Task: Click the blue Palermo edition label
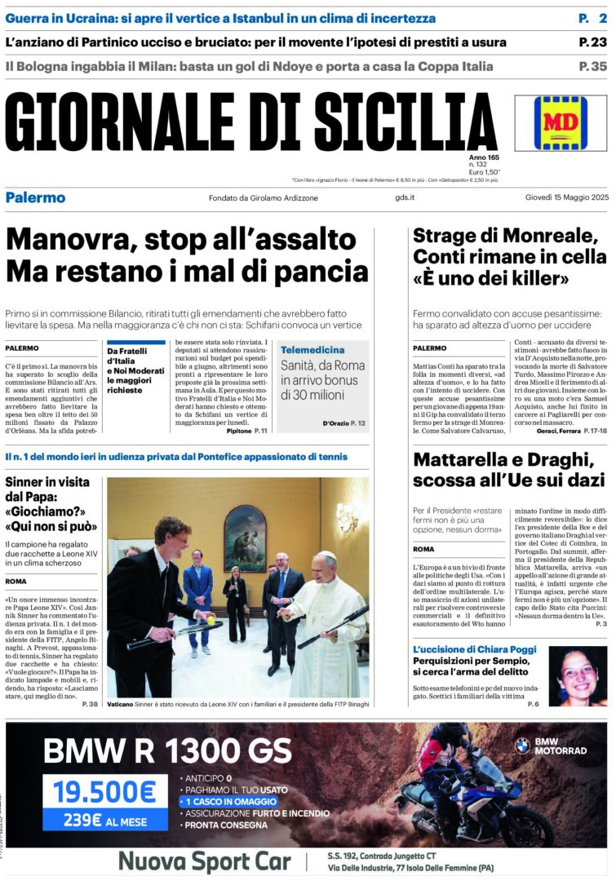(35, 197)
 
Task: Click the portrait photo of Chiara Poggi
(578, 676)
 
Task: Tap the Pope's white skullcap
(325, 556)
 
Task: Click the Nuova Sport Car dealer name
(204, 861)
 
